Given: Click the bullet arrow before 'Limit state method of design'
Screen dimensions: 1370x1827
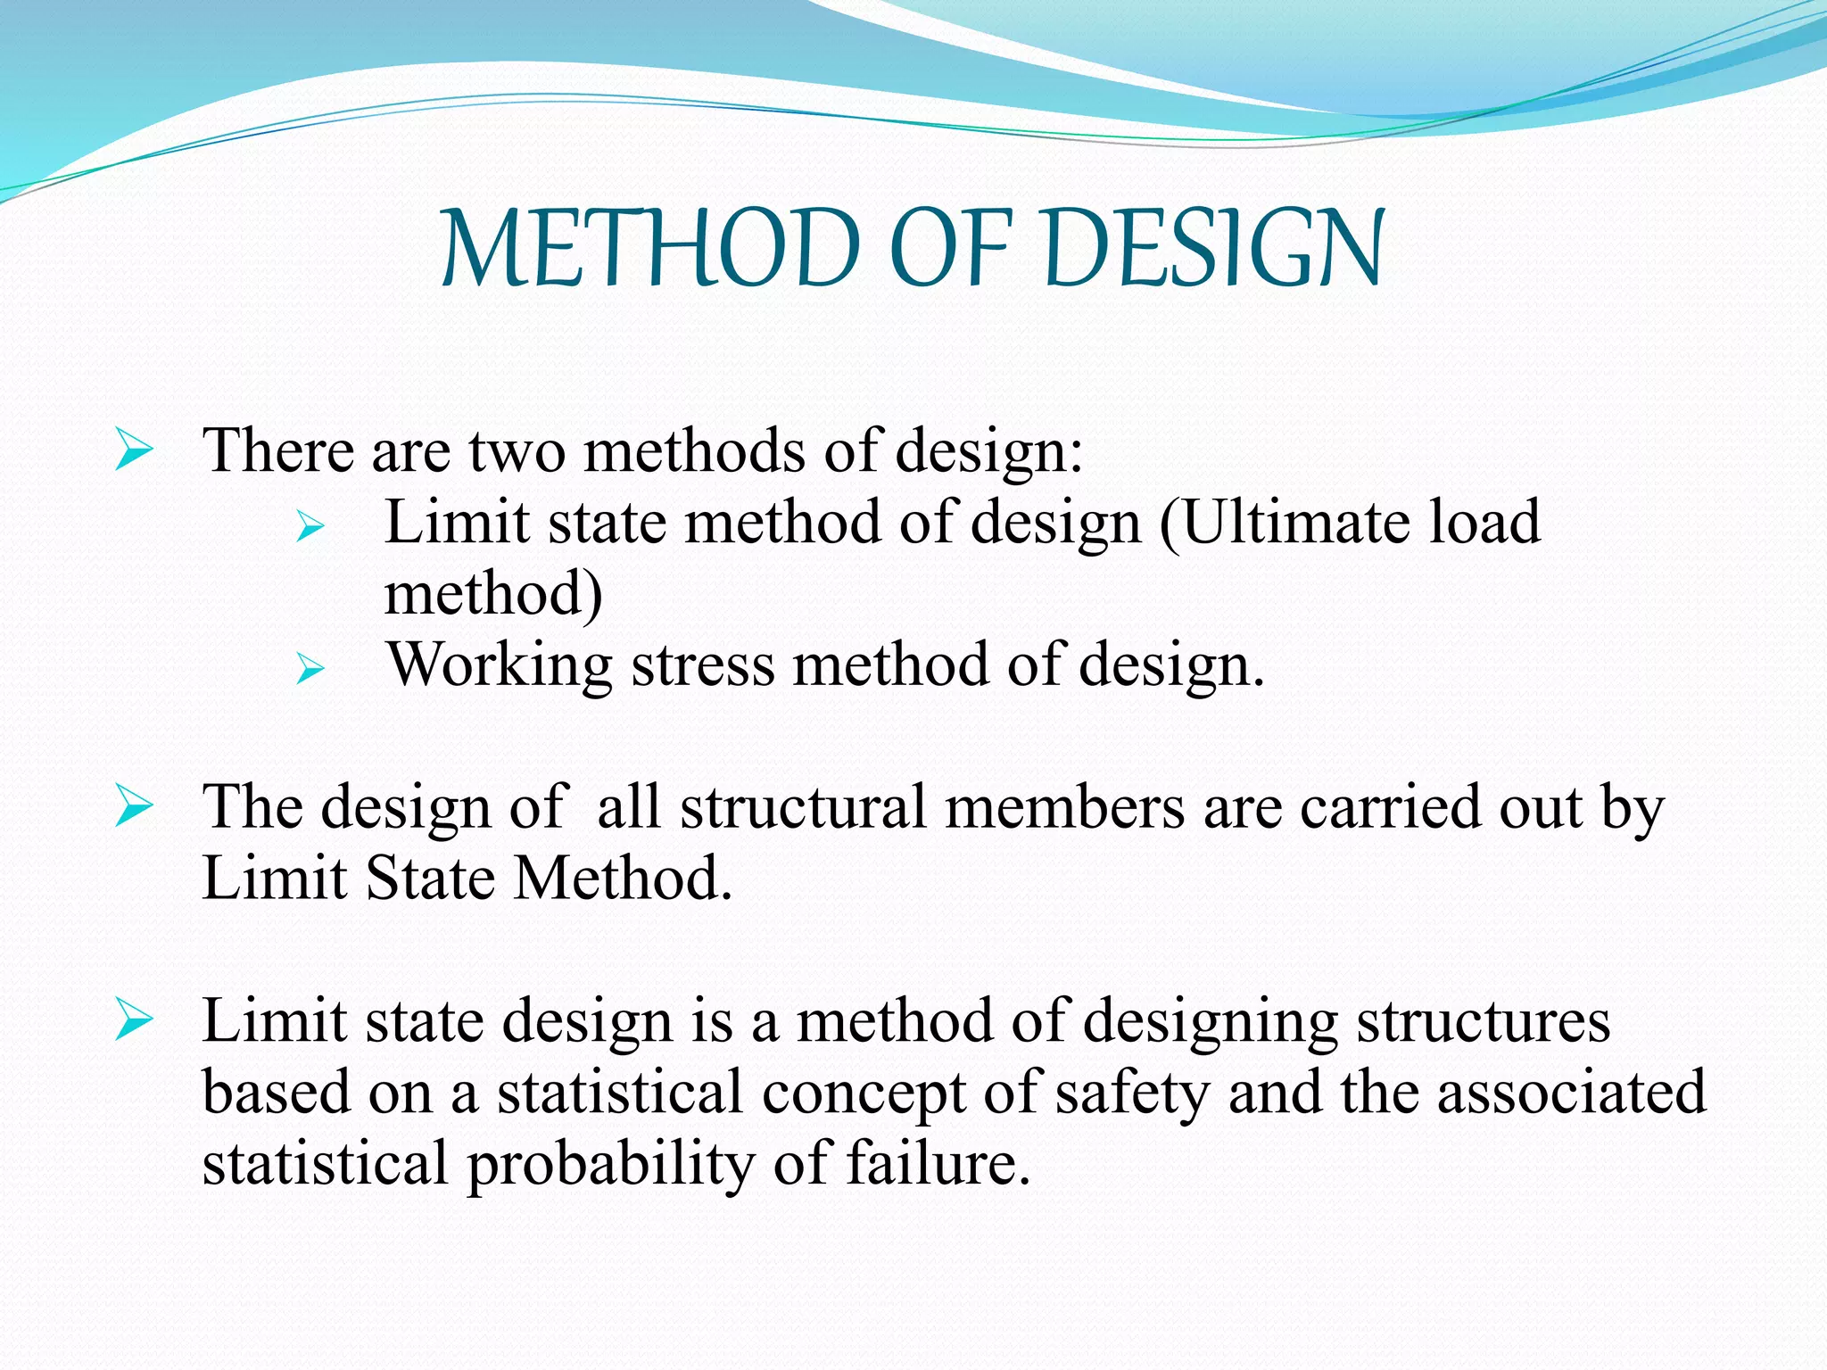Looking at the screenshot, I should coord(310,526).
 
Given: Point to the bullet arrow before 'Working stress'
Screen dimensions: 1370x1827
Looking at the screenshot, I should coord(310,668).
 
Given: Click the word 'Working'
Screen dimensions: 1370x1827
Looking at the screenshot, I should coord(500,666).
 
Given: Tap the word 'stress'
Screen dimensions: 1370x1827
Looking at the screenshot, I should coord(704,666).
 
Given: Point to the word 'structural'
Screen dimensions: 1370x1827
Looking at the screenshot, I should coord(803,807).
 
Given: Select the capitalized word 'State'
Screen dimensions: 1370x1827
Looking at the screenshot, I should coord(430,879).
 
